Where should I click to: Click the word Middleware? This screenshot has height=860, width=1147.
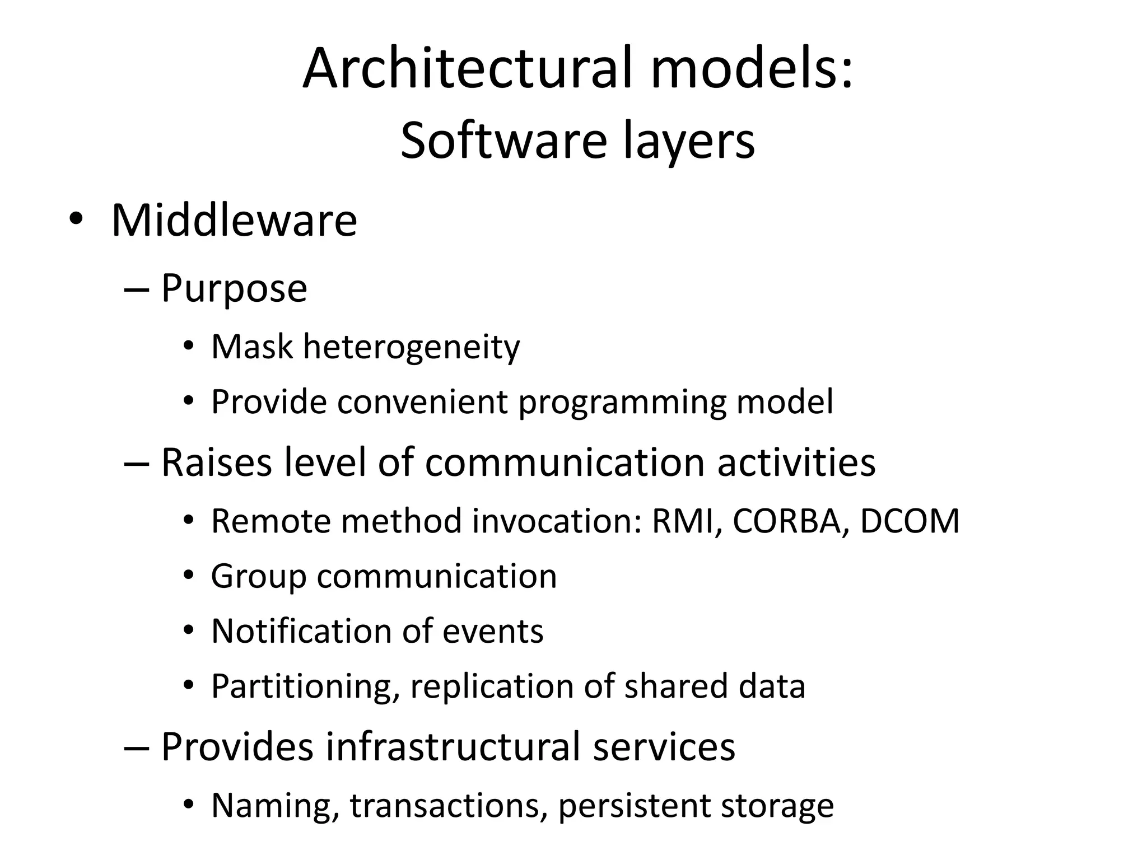234,220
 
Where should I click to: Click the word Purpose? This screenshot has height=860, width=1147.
234,289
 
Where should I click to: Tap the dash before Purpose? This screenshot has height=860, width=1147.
136,289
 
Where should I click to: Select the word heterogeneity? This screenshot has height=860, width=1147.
411,347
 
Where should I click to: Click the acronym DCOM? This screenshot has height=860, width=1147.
910,521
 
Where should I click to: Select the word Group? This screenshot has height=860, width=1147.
258,577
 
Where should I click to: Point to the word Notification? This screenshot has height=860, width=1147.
301,631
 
